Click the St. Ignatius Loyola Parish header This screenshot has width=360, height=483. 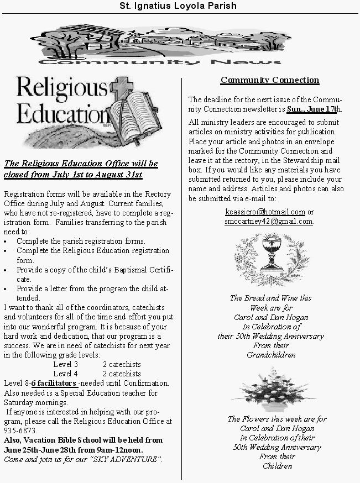[x=180, y=6]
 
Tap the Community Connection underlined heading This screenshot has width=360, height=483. [x=270, y=80]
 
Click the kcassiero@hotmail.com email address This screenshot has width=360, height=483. [x=265, y=212]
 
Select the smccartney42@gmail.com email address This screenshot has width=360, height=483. [x=268, y=221]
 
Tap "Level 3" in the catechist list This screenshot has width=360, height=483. [x=65, y=364]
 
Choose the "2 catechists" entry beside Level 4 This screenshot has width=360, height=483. [x=122, y=374]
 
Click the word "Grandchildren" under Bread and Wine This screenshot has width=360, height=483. [x=271, y=355]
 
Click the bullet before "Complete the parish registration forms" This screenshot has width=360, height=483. [x=6, y=242]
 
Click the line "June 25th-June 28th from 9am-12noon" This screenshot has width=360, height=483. [x=73, y=450]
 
